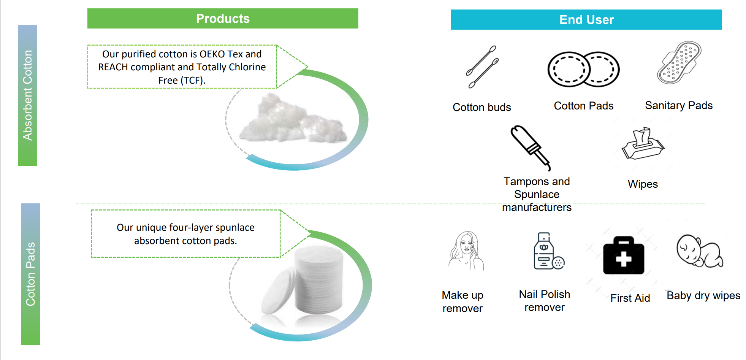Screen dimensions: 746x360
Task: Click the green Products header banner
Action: (223, 19)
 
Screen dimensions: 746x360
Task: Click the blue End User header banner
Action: (586, 20)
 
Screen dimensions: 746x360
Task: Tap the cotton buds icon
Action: (482, 67)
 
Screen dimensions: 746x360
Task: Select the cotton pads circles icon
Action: (583, 69)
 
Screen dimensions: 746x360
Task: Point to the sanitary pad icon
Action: (679, 63)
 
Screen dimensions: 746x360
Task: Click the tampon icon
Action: (531, 148)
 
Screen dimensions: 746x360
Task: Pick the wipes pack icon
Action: (643, 144)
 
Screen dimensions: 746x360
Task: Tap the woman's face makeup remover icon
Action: (466, 251)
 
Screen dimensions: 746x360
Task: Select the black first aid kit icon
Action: (624, 255)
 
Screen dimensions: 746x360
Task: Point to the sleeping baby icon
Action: (700, 251)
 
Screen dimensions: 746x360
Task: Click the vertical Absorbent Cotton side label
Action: (27, 95)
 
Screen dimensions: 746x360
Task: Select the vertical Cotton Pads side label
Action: (30, 274)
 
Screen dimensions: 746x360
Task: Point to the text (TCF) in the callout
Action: (192, 81)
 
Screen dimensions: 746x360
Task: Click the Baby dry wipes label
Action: (703, 296)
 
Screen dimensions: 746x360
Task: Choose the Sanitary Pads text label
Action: (679, 105)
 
